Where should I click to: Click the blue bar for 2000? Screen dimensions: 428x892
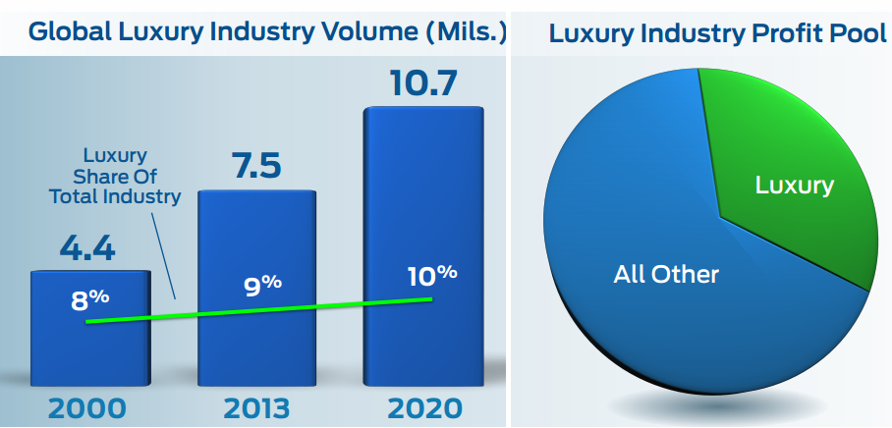(x=90, y=339)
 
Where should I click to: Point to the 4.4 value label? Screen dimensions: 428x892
(x=87, y=247)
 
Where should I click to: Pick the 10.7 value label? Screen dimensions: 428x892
(x=423, y=84)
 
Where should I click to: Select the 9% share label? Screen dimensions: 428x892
(x=262, y=287)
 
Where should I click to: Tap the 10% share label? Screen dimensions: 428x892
(x=432, y=275)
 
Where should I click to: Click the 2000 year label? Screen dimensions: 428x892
(x=88, y=406)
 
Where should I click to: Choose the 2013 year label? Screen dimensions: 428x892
(x=256, y=406)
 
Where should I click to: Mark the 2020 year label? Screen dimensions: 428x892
(x=423, y=406)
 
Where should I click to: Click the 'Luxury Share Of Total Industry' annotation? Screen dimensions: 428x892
(x=115, y=176)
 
